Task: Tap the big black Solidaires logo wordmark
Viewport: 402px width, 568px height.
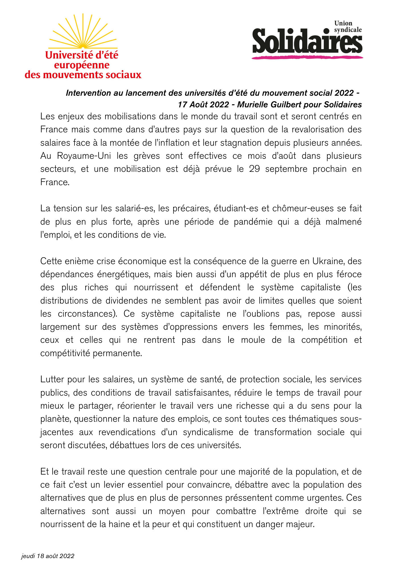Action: pyautogui.click(x=307, y=42)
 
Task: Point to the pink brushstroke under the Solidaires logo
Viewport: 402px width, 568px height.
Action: pyautogui.click(x=307, y=57)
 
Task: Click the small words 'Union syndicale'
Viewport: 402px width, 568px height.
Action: pyautogui.click(x=348, y=26)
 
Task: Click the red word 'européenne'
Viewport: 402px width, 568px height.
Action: pyautogui.click(x=82, y=65)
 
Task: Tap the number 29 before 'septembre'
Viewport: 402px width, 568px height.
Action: pyautogui.click(x=254, y=169)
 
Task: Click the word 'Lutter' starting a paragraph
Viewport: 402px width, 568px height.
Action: pyautogui.click(x=52, y=379)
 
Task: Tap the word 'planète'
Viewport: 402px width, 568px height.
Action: pyautogui.click(x=55, y=419)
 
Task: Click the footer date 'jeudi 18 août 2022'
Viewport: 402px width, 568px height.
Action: pyautogui.click(x=48, y=556)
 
